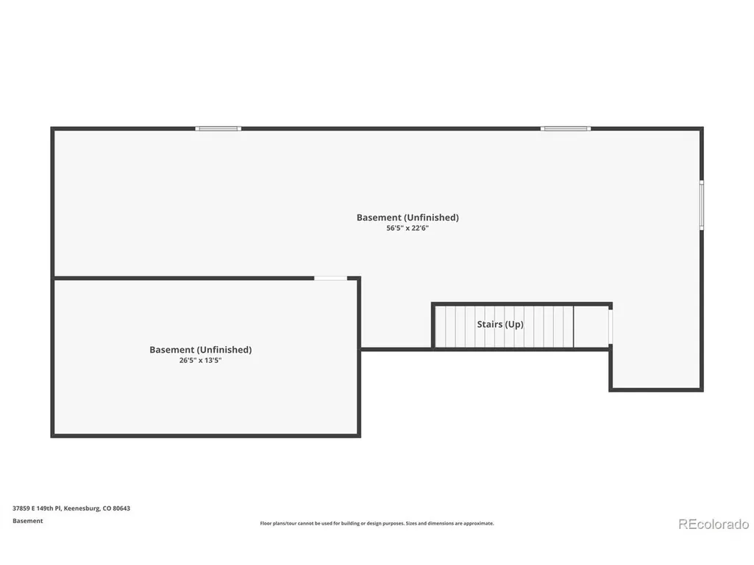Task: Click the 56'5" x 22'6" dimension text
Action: [408, 228]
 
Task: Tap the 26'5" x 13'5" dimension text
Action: [200, 360]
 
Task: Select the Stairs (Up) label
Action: [500, 324]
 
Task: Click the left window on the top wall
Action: [218, 129]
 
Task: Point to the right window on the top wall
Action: [566, 129]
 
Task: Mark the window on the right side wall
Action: [702, 205]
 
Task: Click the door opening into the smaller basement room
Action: [330, 278]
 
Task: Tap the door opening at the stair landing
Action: [611, 327]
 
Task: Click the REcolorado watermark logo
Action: [714, 524]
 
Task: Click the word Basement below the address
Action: [28, 521]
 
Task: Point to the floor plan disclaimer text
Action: [377, 523]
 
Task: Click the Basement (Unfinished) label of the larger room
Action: [408, 217]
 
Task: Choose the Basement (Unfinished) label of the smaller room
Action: [200, 350]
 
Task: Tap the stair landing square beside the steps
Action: [591, 327]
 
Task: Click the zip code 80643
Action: [121, 508]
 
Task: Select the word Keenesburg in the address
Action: [82, 508]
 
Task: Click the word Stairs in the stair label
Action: [489, 324]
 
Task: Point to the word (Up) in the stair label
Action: [514, 325]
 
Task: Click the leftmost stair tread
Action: [441, 327]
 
